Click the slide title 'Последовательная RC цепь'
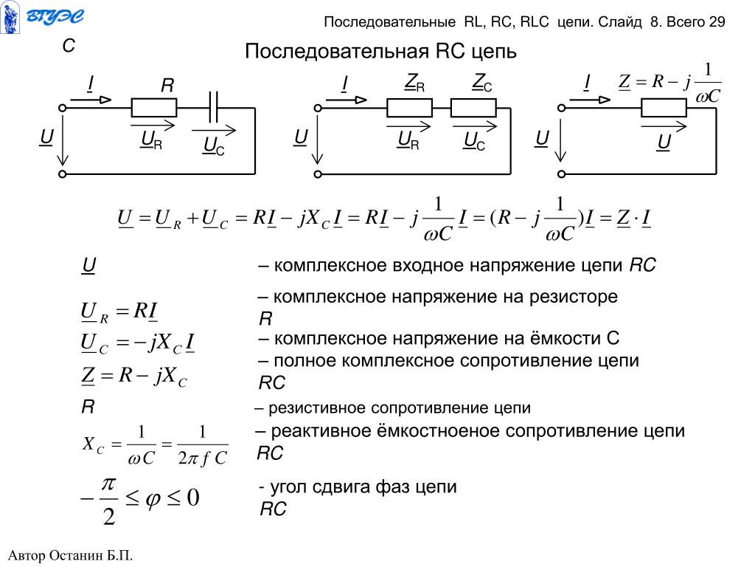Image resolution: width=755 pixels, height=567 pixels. tap(380, 52)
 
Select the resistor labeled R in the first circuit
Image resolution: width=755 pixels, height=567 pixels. tap(154, 109)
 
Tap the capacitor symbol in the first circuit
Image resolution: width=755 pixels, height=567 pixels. tap(215, 108)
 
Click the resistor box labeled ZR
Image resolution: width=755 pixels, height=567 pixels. tap(410, 109)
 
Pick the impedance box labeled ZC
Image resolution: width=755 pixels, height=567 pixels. tap(473, 109)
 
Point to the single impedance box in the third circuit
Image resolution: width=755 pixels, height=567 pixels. tap(664, 109)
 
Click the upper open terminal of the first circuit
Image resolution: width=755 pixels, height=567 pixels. tap(63, 108)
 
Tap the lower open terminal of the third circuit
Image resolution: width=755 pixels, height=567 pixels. tap(560, 174)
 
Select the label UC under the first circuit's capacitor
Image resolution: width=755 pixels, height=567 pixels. tap(213, 148)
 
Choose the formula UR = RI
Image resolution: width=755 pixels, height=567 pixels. tap(118, 313)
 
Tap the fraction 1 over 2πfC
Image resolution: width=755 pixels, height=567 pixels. tap(203, 445)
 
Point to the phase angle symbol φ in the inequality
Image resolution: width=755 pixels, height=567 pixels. tap(153, 499)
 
